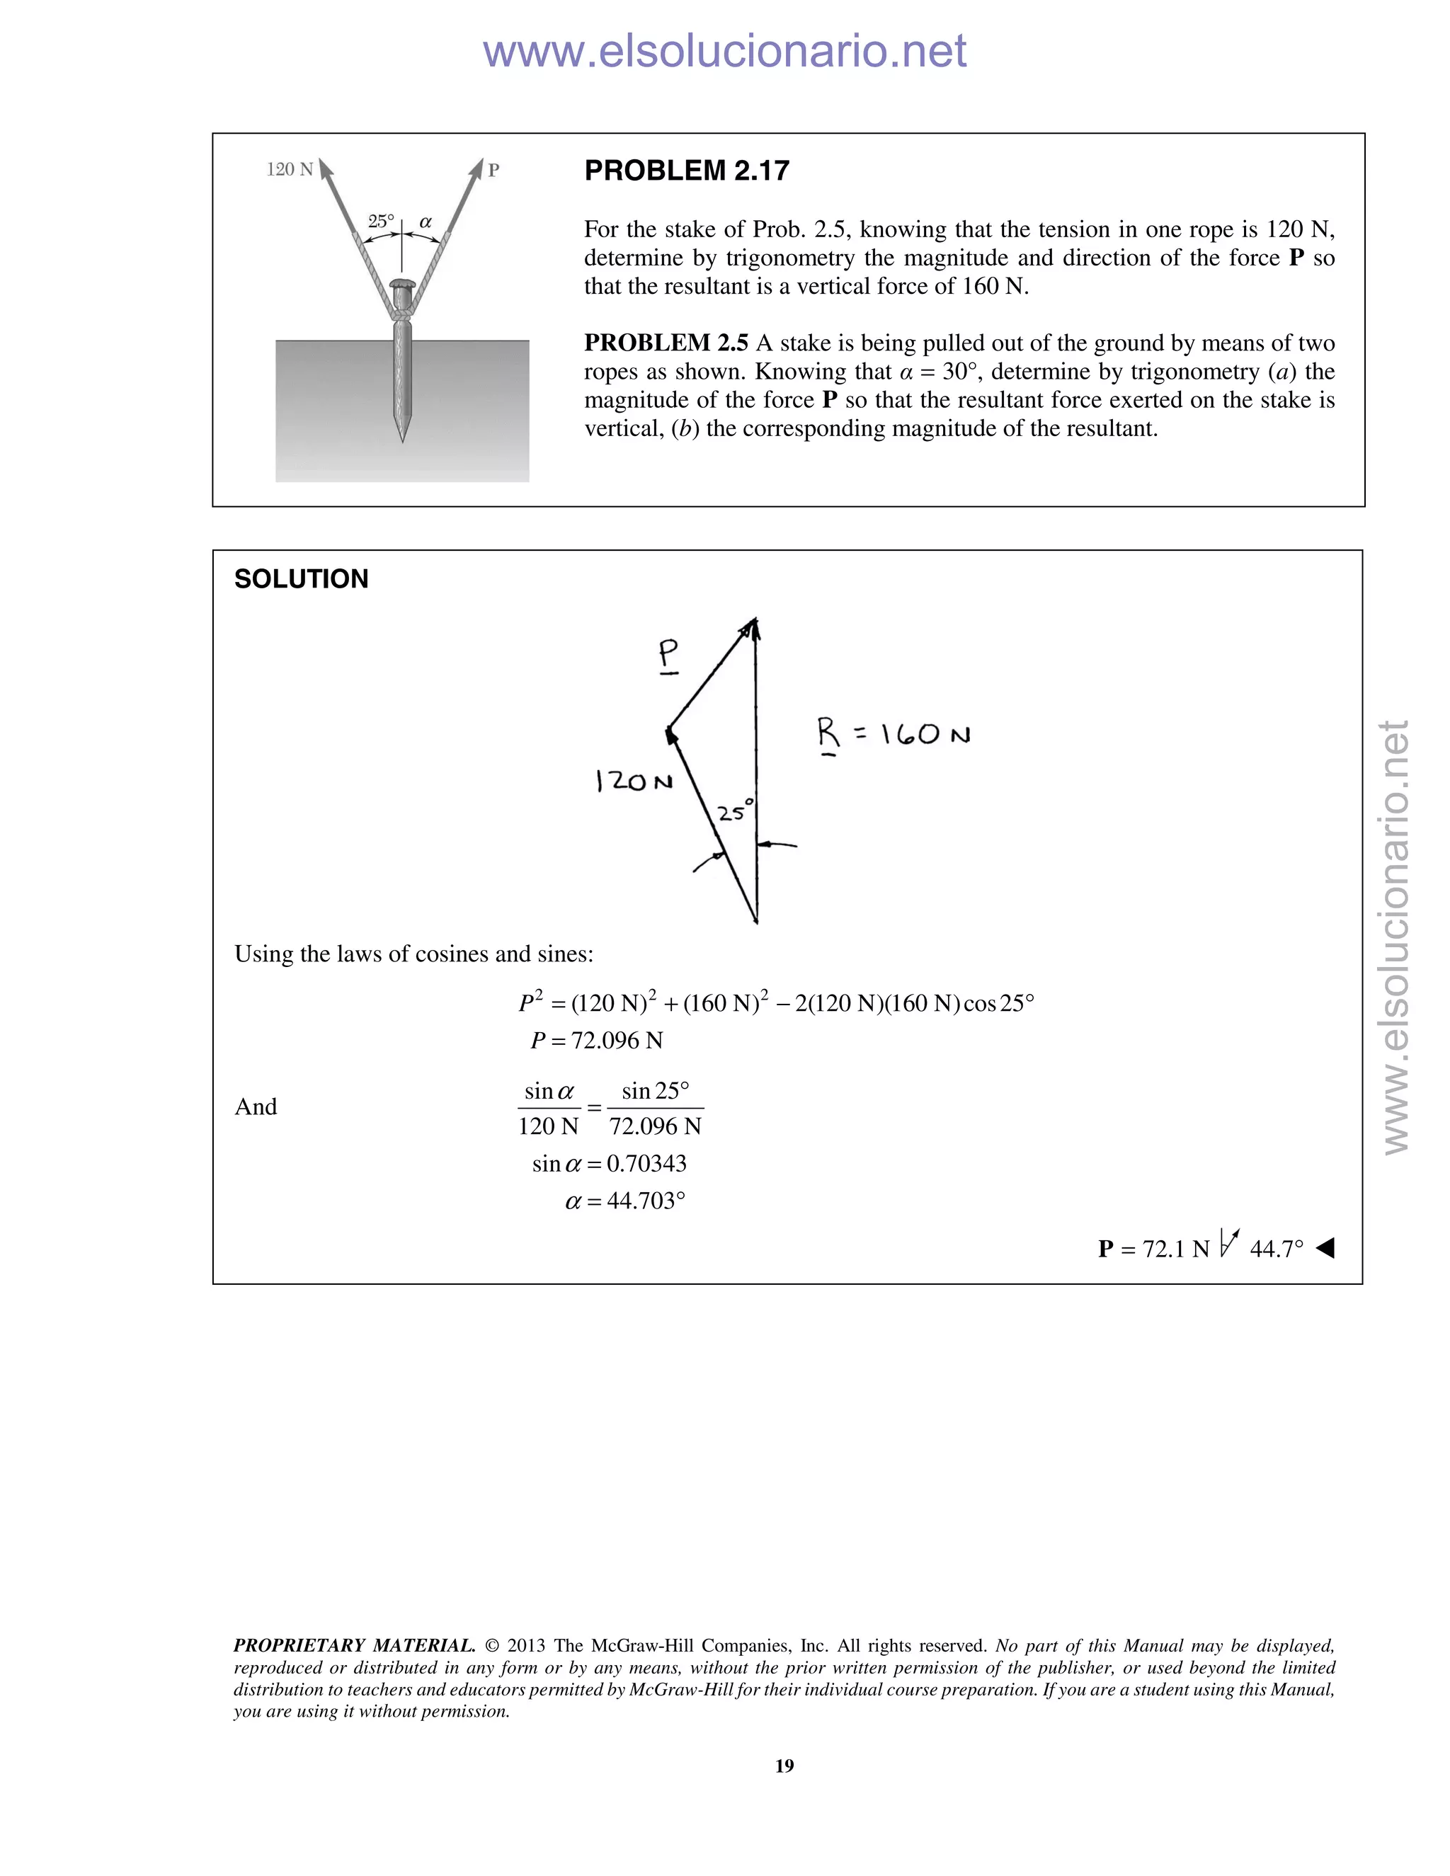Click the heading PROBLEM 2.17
tap(686, 171)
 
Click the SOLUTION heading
tap(301, 579)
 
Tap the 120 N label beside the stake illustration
tap(290, 169)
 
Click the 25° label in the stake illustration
tap(380, 222)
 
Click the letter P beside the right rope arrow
tap(493, 170)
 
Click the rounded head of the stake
tap(402, 283)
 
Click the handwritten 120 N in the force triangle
tap(634, 781)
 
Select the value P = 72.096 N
tap(597, 1040)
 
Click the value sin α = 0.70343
tap(609, 1163)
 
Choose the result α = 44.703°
tap(625, 1200)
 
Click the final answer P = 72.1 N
tap(1153, 1248)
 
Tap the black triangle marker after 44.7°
tap(1325, 1247)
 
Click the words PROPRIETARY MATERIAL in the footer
tap(354, 1646)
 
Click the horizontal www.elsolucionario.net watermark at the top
tap(724, 51)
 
